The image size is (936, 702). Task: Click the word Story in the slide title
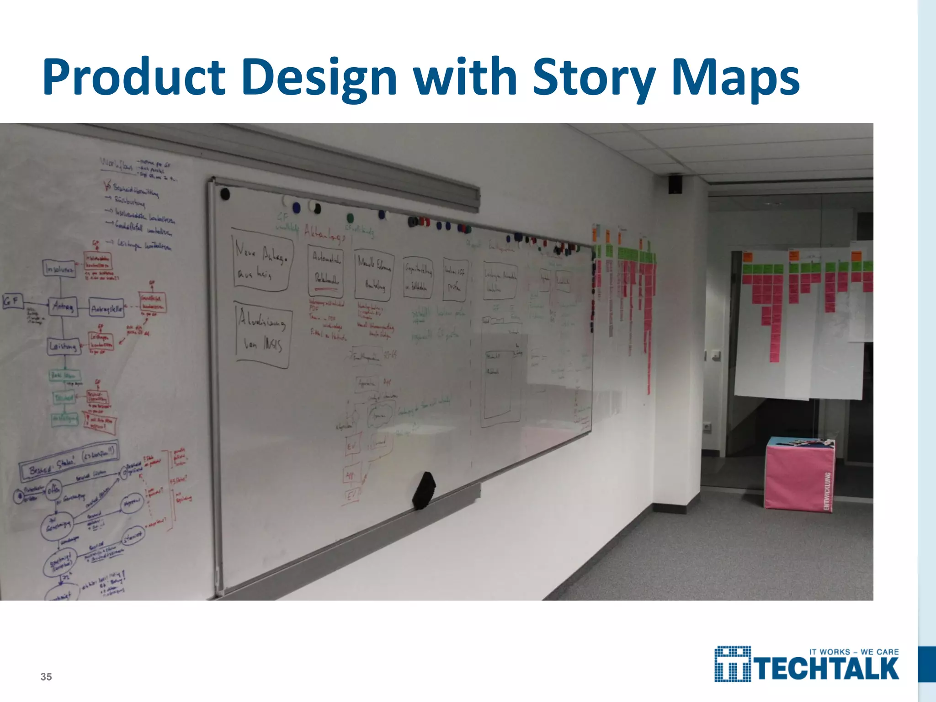pos(595,78)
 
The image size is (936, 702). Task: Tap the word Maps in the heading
pos(735,78)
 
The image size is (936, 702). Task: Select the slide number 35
pos(46,677)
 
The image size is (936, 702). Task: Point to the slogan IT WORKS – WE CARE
pos(854,652)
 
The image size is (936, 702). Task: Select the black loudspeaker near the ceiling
pos(675,184)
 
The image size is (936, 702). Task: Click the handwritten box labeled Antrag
pos(64,307)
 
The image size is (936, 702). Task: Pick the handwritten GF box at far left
pos(12,301)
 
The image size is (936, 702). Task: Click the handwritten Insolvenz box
pos(59,268)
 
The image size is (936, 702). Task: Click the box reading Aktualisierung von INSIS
pos(262,334)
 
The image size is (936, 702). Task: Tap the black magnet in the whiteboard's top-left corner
pos(224,194)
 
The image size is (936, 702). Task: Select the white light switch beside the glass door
pos(713,355)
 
